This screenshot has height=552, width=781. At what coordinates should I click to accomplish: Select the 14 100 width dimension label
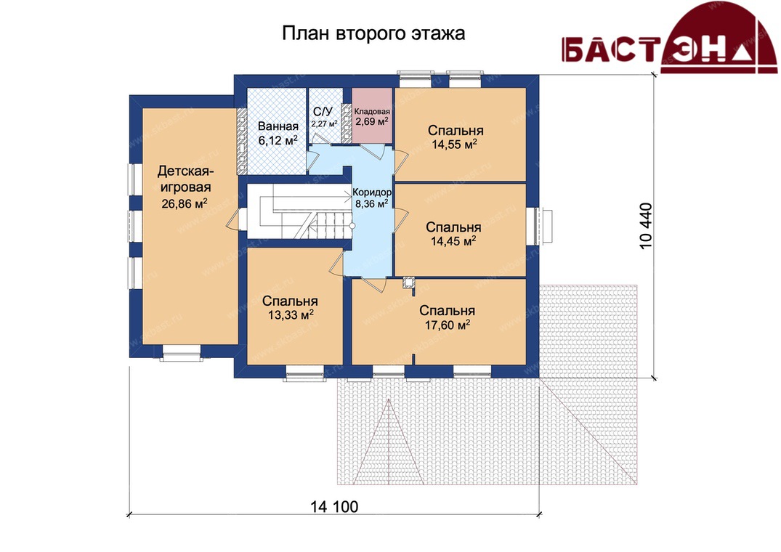pos(334,507)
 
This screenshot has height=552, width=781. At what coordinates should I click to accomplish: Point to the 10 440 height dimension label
pos(645,225)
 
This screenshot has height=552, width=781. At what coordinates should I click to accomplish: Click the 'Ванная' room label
pos(278,126)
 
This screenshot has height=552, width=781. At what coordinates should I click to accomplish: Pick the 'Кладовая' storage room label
pos(372,112)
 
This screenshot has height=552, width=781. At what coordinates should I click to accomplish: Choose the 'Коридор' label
pos(372,192)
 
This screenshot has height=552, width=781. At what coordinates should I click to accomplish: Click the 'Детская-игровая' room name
pos(185,179)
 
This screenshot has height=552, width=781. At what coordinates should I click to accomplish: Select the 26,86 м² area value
pos(185,203)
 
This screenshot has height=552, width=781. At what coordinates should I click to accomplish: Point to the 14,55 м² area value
pos(455,145)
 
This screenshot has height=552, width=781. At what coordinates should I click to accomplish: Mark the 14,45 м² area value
pos(453,241)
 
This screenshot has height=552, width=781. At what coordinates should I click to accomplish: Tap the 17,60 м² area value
pos(448,325)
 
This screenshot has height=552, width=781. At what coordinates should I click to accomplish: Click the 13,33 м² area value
pos(291,315)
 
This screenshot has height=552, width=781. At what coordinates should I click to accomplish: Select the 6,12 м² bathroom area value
pos(278,140)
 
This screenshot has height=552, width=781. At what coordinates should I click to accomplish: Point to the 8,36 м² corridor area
pos(371,203)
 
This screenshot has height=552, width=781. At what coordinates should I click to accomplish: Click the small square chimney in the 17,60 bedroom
pos(409,283)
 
